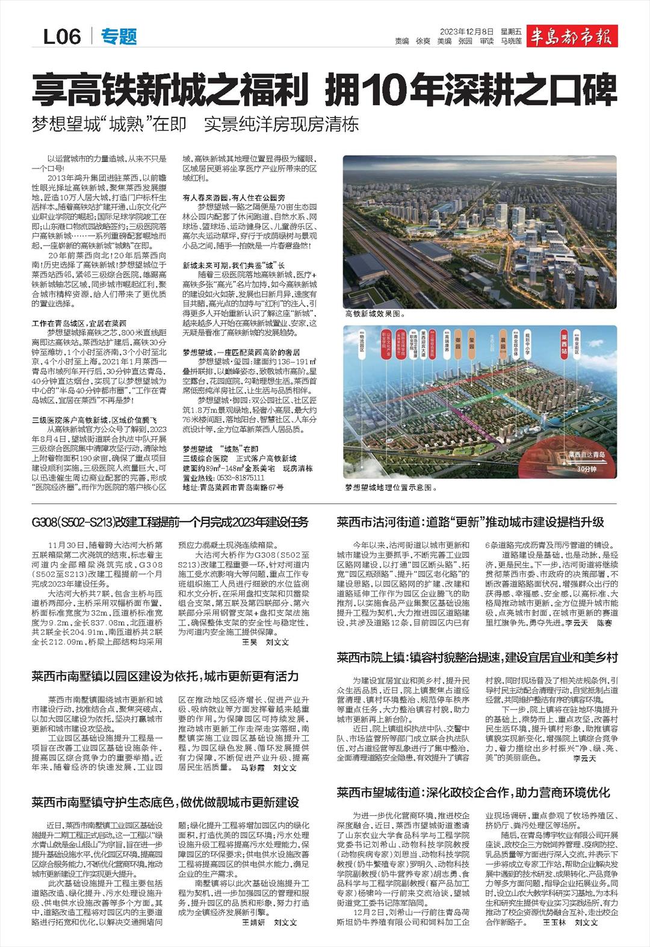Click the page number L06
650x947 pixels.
pyautogui.click(x=62, y=37)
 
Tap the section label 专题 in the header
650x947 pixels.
pyautogui.click(x=119, y=37)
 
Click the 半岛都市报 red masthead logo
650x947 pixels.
pyautogui.click(x=571, y=37)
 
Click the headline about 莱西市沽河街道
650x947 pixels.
pyautogui.click(x=470, y=522)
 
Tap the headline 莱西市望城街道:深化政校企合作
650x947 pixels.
pyautogui.click(x=473, y=792)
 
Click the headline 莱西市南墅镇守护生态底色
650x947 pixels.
pyautogui.click(x=166, y=802)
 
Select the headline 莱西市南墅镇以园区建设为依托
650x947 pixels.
pyautogui.click(x=166, y=677)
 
